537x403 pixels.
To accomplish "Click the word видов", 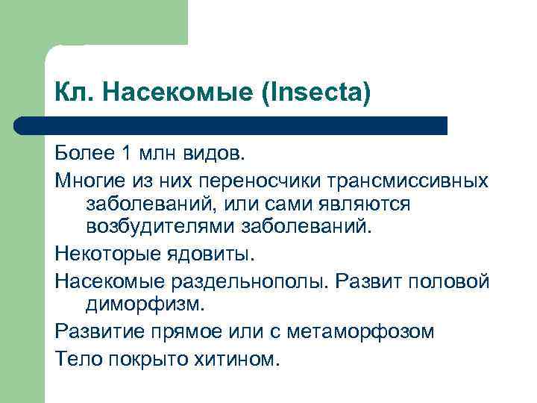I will [213, 154].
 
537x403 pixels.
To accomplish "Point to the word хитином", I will [239, 357].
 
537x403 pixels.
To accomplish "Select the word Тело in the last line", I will [78, 357].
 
